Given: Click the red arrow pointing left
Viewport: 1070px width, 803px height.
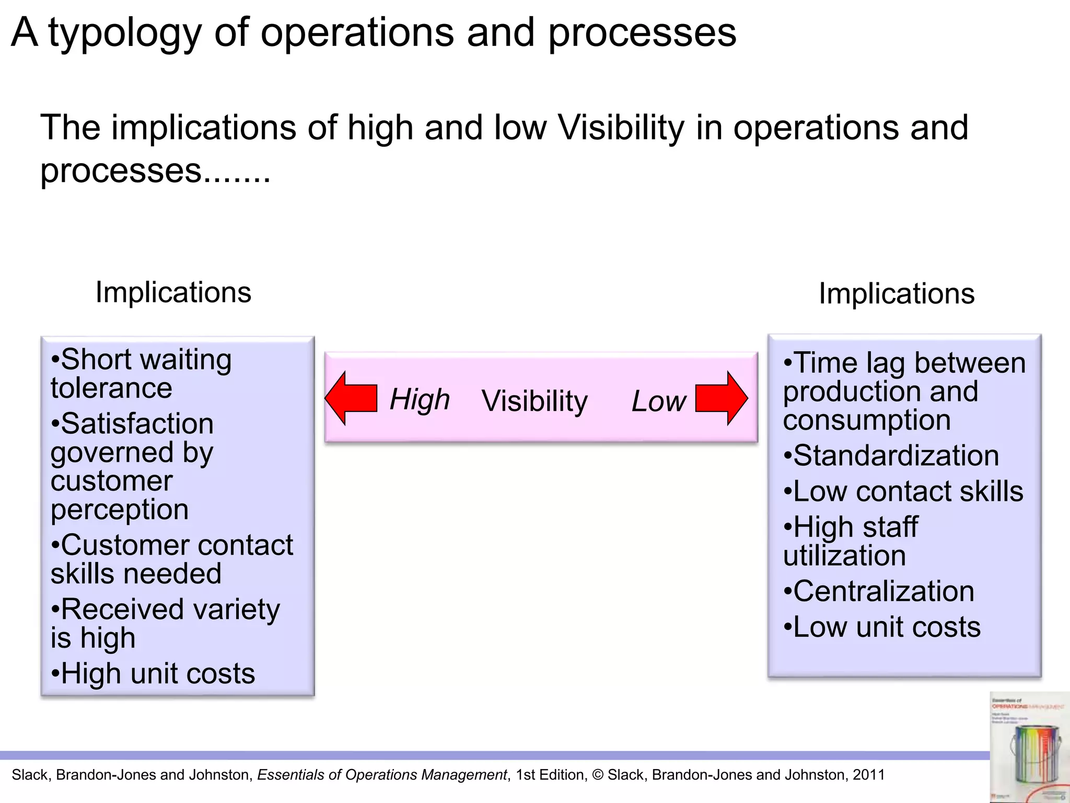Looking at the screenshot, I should (351, 398).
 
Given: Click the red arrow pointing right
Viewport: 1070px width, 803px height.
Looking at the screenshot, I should (722, 398).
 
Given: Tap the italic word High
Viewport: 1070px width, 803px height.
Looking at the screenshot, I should (420, 400).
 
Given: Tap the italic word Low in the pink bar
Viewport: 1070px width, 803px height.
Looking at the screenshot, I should (658, 401).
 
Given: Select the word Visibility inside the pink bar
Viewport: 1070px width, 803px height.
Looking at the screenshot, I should (534, 401).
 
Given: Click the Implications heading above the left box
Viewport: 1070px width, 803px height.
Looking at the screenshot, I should (173, 292).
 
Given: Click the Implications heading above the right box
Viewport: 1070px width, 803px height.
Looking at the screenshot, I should (897, 293).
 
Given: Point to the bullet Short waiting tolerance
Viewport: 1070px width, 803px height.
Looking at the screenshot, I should (141, 374).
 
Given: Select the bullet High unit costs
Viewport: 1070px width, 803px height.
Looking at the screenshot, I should (153, 673).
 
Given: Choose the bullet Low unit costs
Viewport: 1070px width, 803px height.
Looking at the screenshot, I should (882, 627).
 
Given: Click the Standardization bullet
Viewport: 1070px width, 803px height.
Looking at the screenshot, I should (891, 455).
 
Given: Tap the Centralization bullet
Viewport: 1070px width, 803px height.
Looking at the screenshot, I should (879, 591).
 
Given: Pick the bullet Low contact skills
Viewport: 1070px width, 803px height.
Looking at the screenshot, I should (903, 491).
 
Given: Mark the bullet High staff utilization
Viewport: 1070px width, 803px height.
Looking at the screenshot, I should (851, 541).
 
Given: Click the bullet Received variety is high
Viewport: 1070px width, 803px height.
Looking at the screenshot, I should (165, 624).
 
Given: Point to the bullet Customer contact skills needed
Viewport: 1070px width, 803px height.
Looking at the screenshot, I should (171, 559).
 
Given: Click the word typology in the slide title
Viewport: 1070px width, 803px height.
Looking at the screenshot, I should (125, 33).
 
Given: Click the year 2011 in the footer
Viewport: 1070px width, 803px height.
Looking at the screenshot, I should (868, 775).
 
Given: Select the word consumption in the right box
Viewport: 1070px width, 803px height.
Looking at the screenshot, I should (867, 420).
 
